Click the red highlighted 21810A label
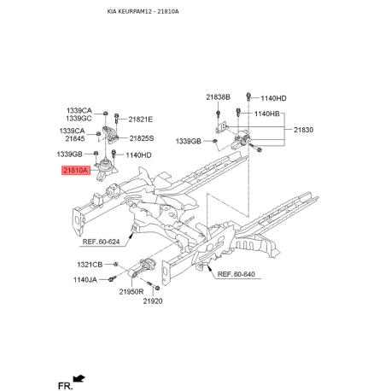[x=74, y=172]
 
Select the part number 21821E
[x=141, y=120]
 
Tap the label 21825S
[x=141, y=137]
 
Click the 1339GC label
[x=80, y=120]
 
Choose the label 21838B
[x=218, y=97]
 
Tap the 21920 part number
[x=153, y=301]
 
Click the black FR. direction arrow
[x=80, y=377]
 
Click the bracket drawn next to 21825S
[x=109, y=137]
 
